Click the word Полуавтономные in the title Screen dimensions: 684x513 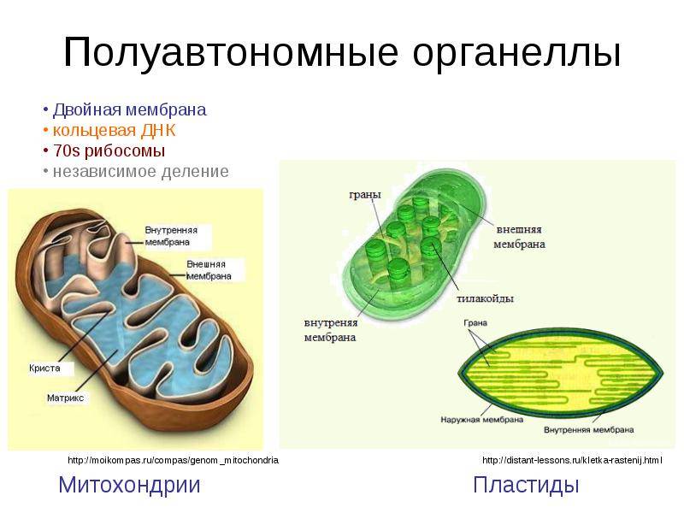pos(231,53)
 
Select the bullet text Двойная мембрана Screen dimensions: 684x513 pos(130,110)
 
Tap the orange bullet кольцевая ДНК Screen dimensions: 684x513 pos(114,131)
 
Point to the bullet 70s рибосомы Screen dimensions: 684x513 pos(109,151)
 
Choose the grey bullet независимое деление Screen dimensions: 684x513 pos(140,172)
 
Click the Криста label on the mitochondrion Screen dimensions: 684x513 pos(44,369)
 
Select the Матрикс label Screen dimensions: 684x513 pos(65,398)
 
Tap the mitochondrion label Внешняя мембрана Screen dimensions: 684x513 pos(209,270)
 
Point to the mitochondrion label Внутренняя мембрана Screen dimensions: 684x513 pos(171,236)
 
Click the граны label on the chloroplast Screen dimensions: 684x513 pos(365,196)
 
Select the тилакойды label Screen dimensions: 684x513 pos(485,298)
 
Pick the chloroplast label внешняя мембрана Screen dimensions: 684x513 pos(519,237)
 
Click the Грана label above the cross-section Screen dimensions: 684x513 pos(475,323)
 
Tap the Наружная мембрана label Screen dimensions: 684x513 pos(481,420)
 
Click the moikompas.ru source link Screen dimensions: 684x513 pos(174,460)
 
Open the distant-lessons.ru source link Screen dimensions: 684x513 pos(572,460)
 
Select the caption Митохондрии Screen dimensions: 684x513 pos(129,485)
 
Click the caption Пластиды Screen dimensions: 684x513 pos(526,485)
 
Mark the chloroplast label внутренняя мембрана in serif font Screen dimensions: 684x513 pos(331,330)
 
